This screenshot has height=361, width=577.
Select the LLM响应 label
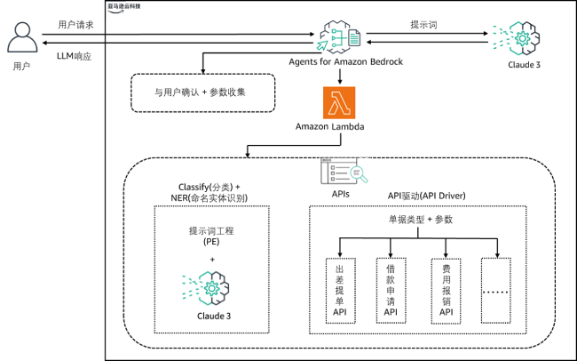[x=73, y=57]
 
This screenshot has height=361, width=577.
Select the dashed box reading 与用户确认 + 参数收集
[x=201, y=92]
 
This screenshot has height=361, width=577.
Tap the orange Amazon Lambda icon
[x=338, y=103]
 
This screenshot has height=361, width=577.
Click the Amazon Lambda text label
[x=331, y=127]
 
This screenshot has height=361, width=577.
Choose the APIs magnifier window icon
[x=340, y=170]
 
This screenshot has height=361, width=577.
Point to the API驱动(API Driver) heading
[x=427, y=195]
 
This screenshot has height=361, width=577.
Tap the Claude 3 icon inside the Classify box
[x=211, y=287]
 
